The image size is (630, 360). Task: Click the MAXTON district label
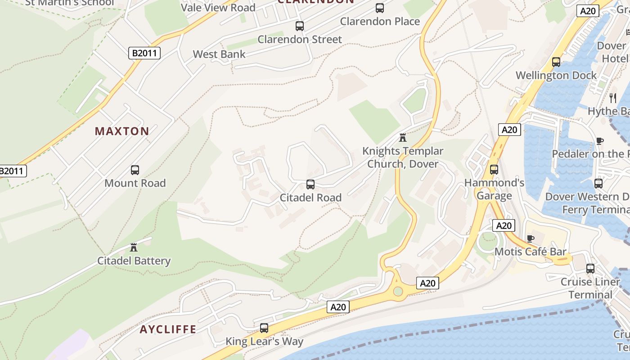click(122, 131)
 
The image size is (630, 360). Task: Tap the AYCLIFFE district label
click(168, 329)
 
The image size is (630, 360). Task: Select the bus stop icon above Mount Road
click(135, 170)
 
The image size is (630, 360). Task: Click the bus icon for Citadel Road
click(310, 184)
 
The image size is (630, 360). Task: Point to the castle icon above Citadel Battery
click(134, 247)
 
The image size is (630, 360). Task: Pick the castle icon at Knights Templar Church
click(403, 137)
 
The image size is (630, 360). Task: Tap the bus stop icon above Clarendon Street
click(300, 26)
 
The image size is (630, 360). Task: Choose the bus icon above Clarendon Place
click(380, 8)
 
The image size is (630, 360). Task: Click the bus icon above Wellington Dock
click(556, 62)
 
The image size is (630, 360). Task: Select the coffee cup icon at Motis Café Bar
click(531, 238)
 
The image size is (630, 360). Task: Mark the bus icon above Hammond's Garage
click(494, 170)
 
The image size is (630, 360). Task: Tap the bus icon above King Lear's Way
click(264, 328)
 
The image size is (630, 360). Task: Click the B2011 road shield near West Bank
click(144, 53)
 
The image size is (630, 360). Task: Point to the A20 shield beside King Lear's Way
click(338, 307)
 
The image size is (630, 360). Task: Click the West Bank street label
click(219, 54)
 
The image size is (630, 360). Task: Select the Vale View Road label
click(218, 8)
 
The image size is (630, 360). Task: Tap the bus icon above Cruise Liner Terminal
click(590, 269)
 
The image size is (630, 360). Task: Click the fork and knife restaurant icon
click(612, 97)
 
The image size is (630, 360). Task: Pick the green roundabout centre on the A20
click(398, 291)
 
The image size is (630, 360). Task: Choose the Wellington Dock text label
click(556, 75)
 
